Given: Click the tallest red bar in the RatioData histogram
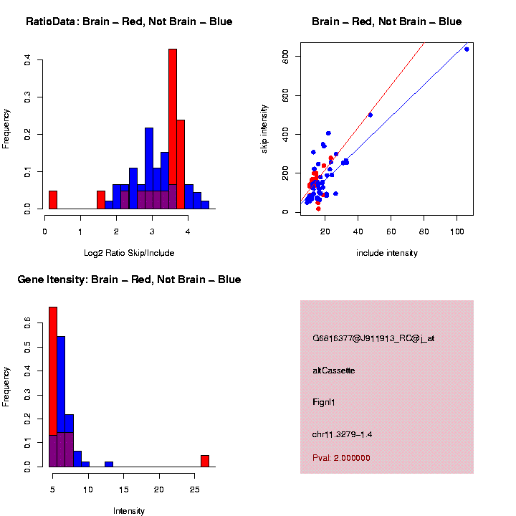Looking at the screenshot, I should coord(173,129).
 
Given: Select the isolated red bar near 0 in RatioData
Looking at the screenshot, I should coord(53,200).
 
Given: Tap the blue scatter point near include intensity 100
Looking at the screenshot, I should coord(467,49).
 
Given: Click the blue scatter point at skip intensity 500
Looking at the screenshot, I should coord(370,115).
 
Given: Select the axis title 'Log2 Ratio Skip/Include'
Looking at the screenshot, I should coord(130,253).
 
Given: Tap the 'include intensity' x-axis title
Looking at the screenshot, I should coord(387,253).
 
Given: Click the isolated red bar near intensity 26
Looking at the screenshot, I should coord(205,461).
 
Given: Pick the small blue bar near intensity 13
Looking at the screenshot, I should coord(109,464).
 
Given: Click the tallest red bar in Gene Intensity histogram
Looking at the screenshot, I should coord(53,387).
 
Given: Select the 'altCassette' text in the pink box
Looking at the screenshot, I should coord(334,371).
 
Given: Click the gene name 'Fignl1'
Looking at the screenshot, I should coord(324,402).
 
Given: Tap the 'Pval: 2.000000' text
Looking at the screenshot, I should coord(341,458).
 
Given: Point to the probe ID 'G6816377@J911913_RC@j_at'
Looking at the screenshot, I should coord(373,338).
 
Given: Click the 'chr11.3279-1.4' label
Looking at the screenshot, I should coord(343,434).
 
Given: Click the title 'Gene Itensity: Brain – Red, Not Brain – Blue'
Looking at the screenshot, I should coord(129,279).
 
